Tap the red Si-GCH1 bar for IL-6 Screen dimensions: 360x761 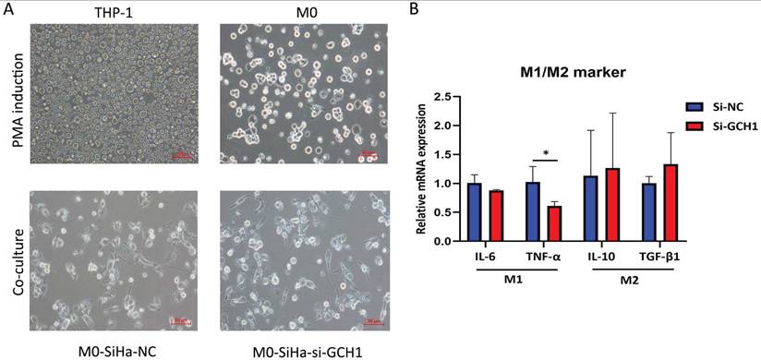pyautogui.click(x=496, y=216)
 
